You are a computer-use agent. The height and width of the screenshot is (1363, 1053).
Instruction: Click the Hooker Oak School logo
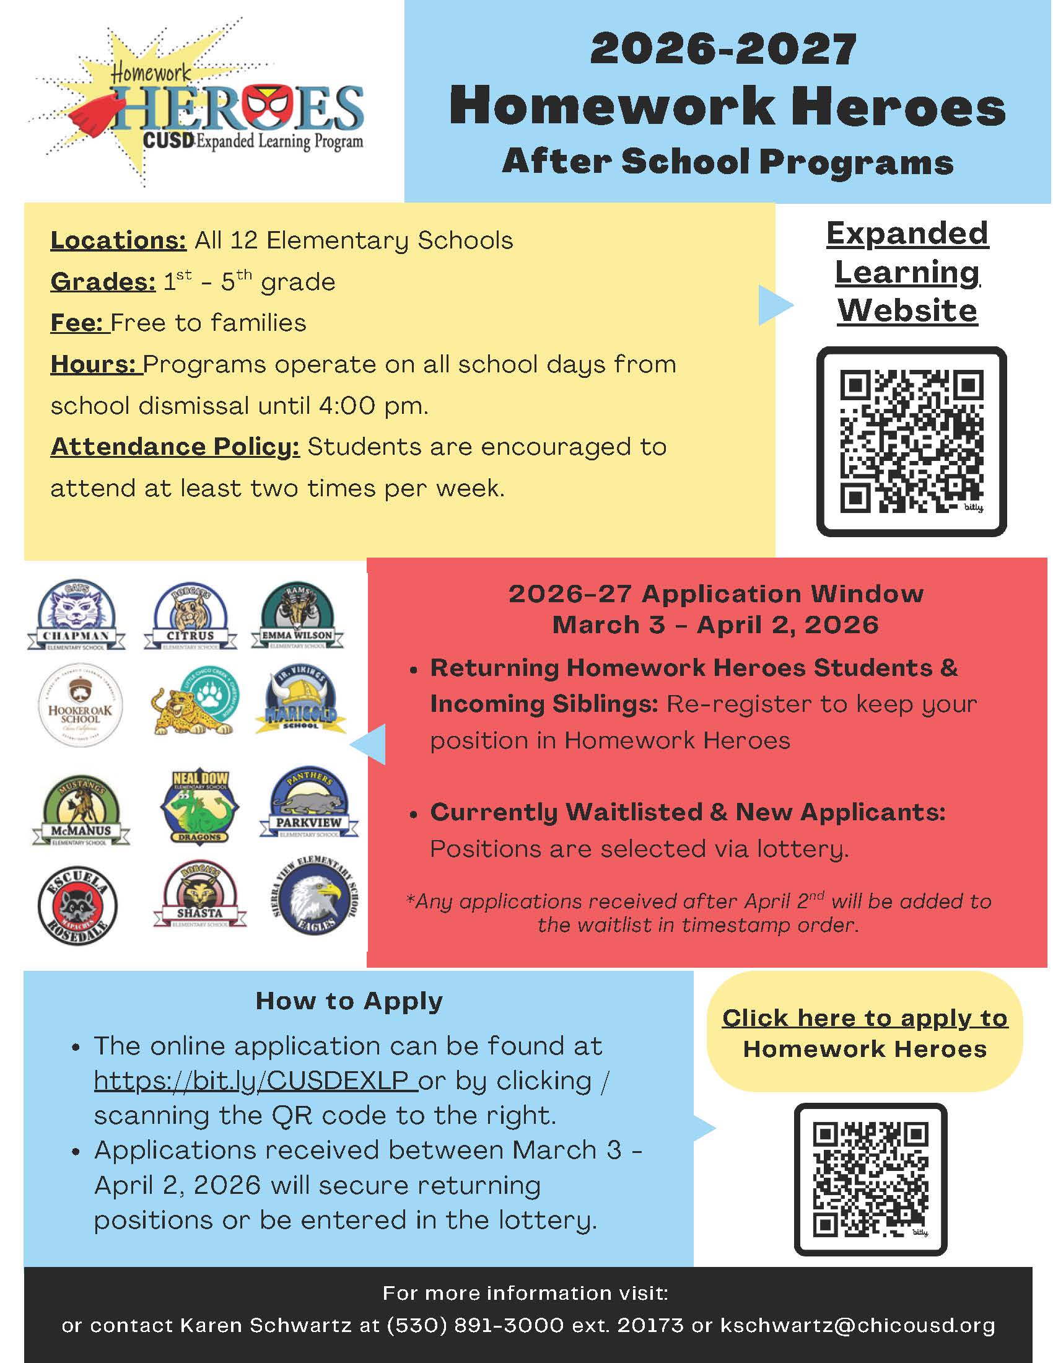coord(80,705)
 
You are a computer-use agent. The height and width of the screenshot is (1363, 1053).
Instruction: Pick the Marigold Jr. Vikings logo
coord(300,702)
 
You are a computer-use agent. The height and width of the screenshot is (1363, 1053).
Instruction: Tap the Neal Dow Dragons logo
coord(199,805)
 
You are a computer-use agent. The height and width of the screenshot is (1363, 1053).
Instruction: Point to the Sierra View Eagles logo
coord(316,896)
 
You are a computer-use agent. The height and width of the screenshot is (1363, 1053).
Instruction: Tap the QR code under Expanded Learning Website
coord(911,441)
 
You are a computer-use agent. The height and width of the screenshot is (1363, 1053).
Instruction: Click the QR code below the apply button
coord(870,1179)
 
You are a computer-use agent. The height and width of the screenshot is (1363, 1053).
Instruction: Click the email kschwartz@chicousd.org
coord(857,1325)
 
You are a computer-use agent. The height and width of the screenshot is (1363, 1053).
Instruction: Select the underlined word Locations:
coord(118,240)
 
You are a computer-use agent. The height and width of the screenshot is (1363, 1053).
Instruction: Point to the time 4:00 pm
coord(373,406)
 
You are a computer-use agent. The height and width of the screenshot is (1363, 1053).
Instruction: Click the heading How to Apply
coord(349,1001)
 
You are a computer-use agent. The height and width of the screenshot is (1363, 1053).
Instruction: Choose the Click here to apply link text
coord(865,1018)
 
